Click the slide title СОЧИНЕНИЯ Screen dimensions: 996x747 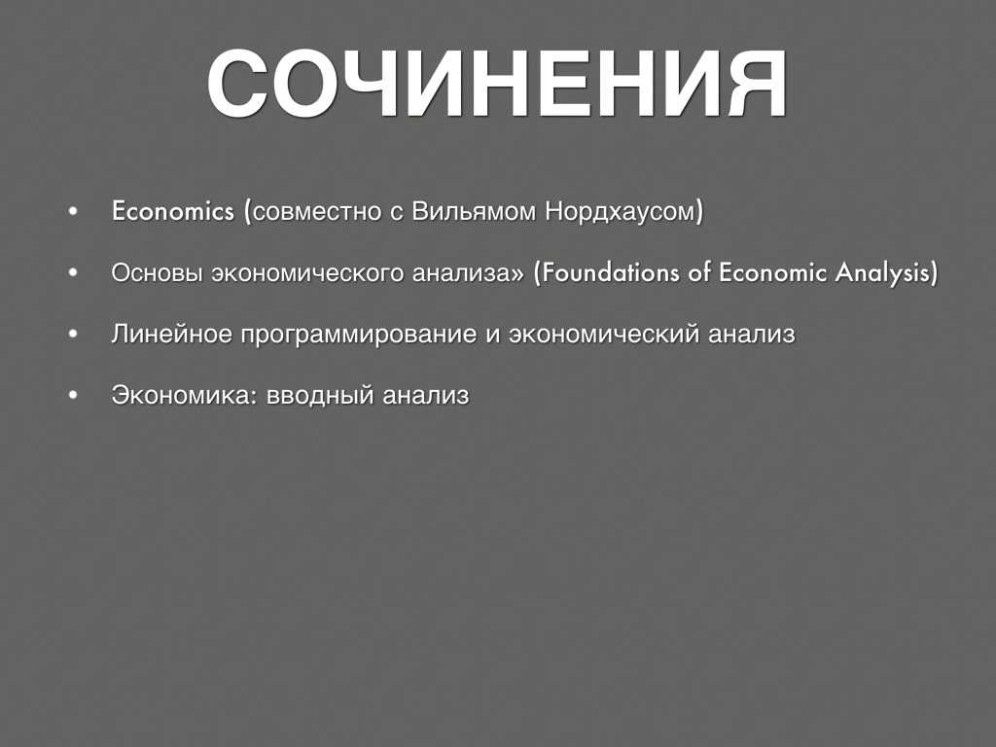point(497,84)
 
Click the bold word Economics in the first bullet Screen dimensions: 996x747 point(173,211)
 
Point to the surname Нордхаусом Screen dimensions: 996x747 point(622,211)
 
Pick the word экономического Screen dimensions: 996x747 point(307,272)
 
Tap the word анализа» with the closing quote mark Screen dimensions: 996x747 point(469,272)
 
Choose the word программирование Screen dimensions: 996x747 point(358,335)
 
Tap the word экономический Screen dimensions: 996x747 point(604,335)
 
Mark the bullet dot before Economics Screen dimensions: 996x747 point(73,211)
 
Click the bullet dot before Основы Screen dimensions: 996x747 point(73,272)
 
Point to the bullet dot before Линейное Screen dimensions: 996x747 point(73,335)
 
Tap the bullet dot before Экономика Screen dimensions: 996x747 point(73,396)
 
